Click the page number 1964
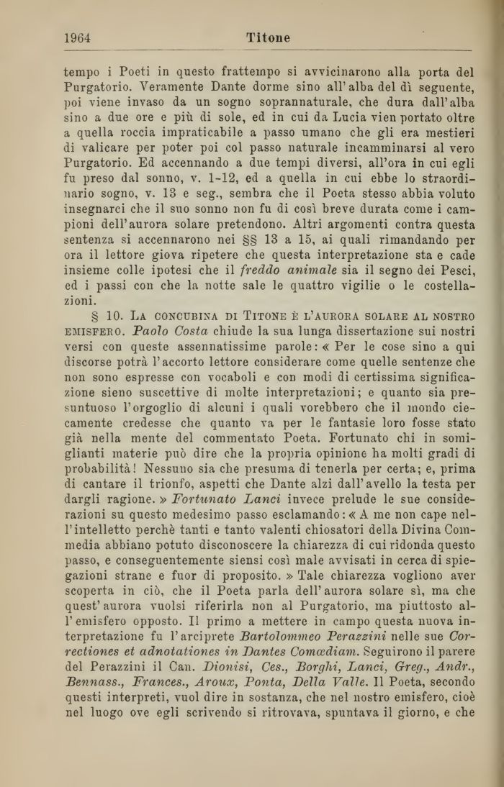pyautogui.click(x=77, y=38)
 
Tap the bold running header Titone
pyautogui.click(x=268, y=38)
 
